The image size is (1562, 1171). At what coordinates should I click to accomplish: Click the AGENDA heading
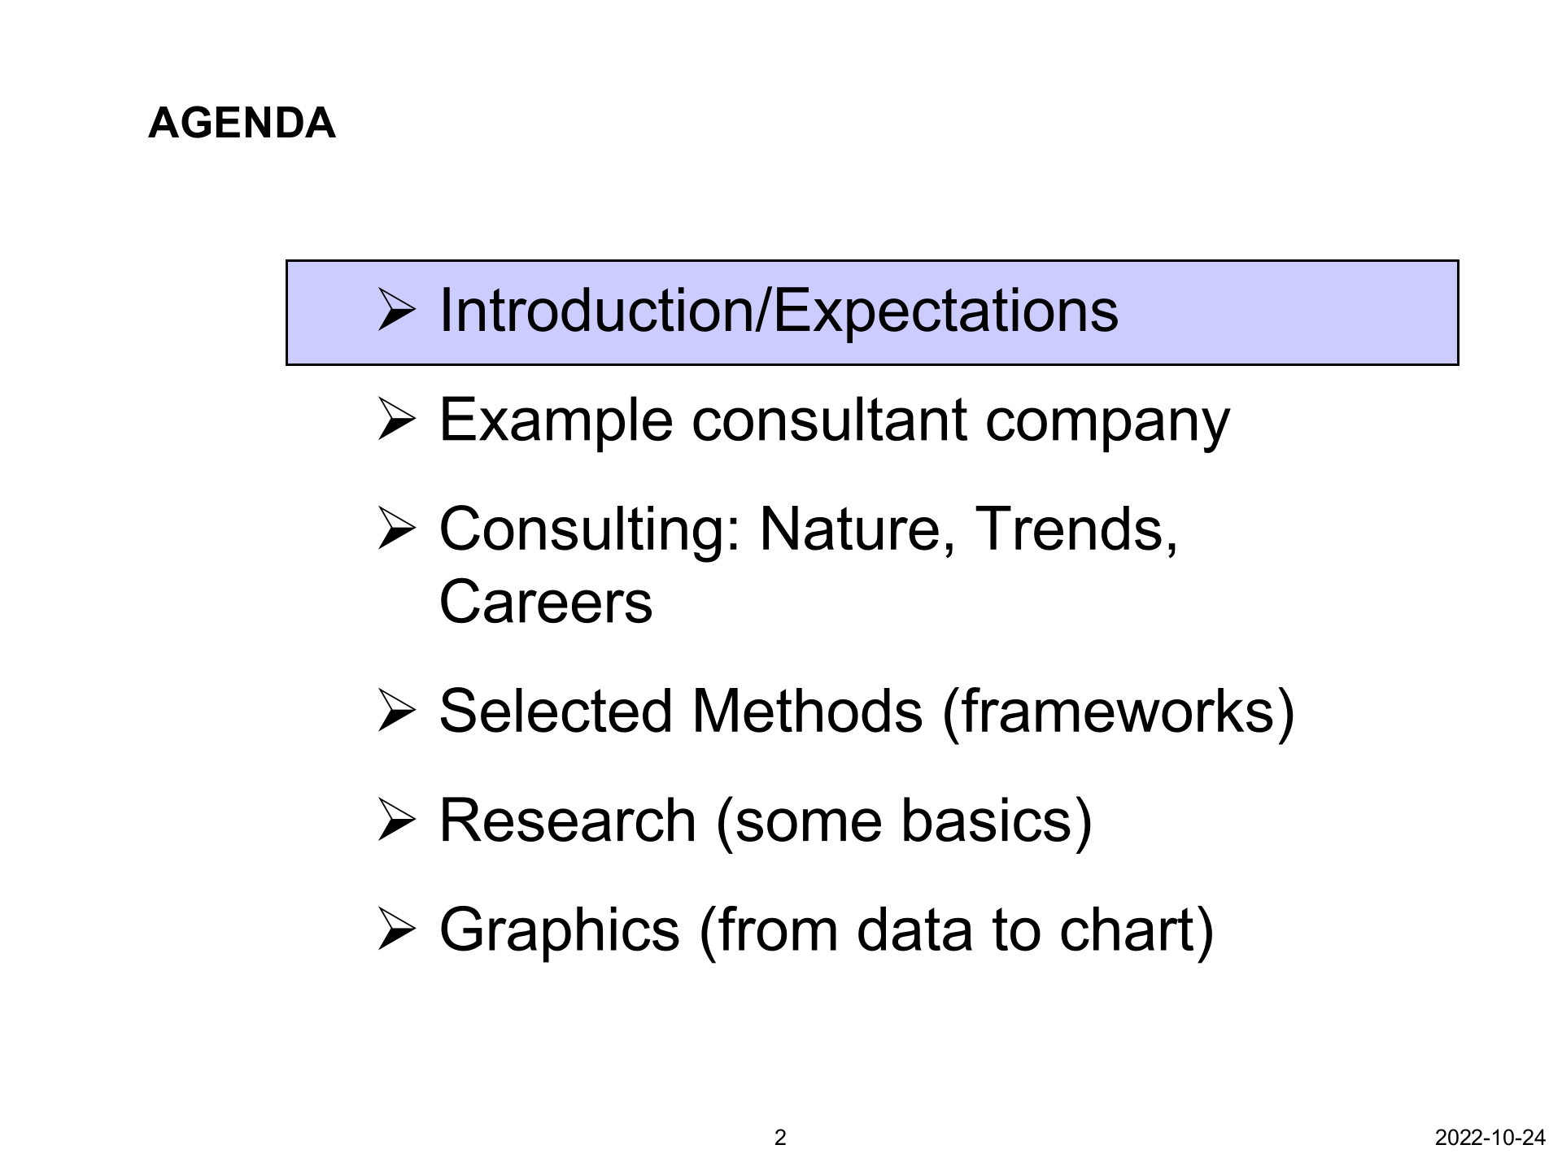click(242, 124)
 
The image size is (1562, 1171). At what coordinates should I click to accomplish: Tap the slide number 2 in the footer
click(780, 1138)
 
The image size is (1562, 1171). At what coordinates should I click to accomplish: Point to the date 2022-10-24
click(1490, 1138)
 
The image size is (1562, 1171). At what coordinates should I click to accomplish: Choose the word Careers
click(546, 603)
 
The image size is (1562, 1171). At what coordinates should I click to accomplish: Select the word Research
click(568, 821)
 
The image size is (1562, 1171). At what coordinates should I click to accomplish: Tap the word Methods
click(807, 712)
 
